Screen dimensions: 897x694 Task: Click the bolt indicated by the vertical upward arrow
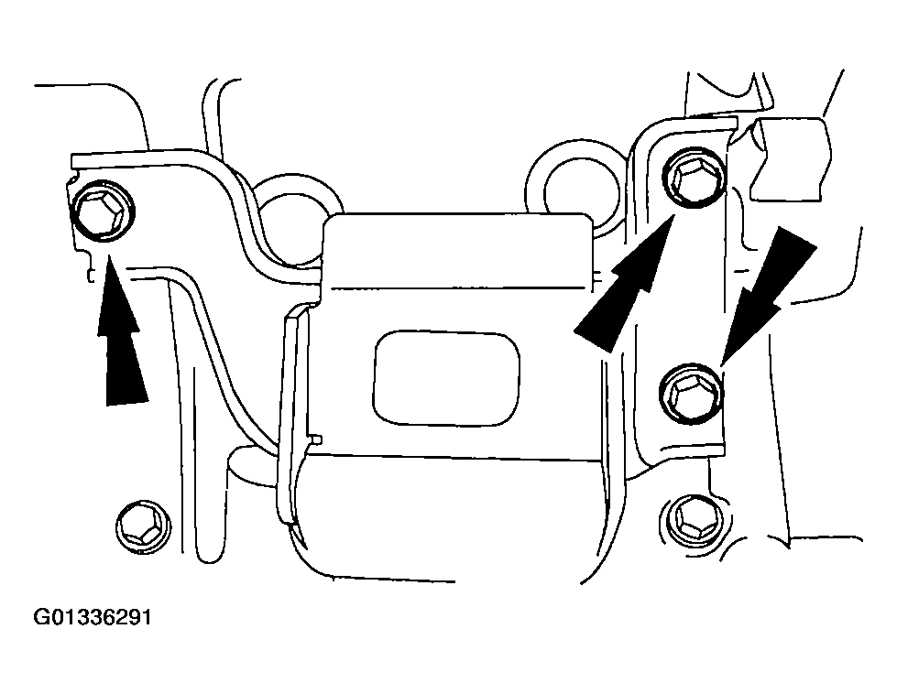[x=103, y=211]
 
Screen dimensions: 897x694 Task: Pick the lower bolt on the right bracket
[x=692, y=395]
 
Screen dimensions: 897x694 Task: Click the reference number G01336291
[x=93, y=618]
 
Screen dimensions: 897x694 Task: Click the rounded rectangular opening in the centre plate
[x=447, y=378]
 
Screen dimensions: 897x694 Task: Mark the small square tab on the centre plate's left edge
[x=318, y=439]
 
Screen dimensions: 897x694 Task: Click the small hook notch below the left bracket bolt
[x=91, y=272]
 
